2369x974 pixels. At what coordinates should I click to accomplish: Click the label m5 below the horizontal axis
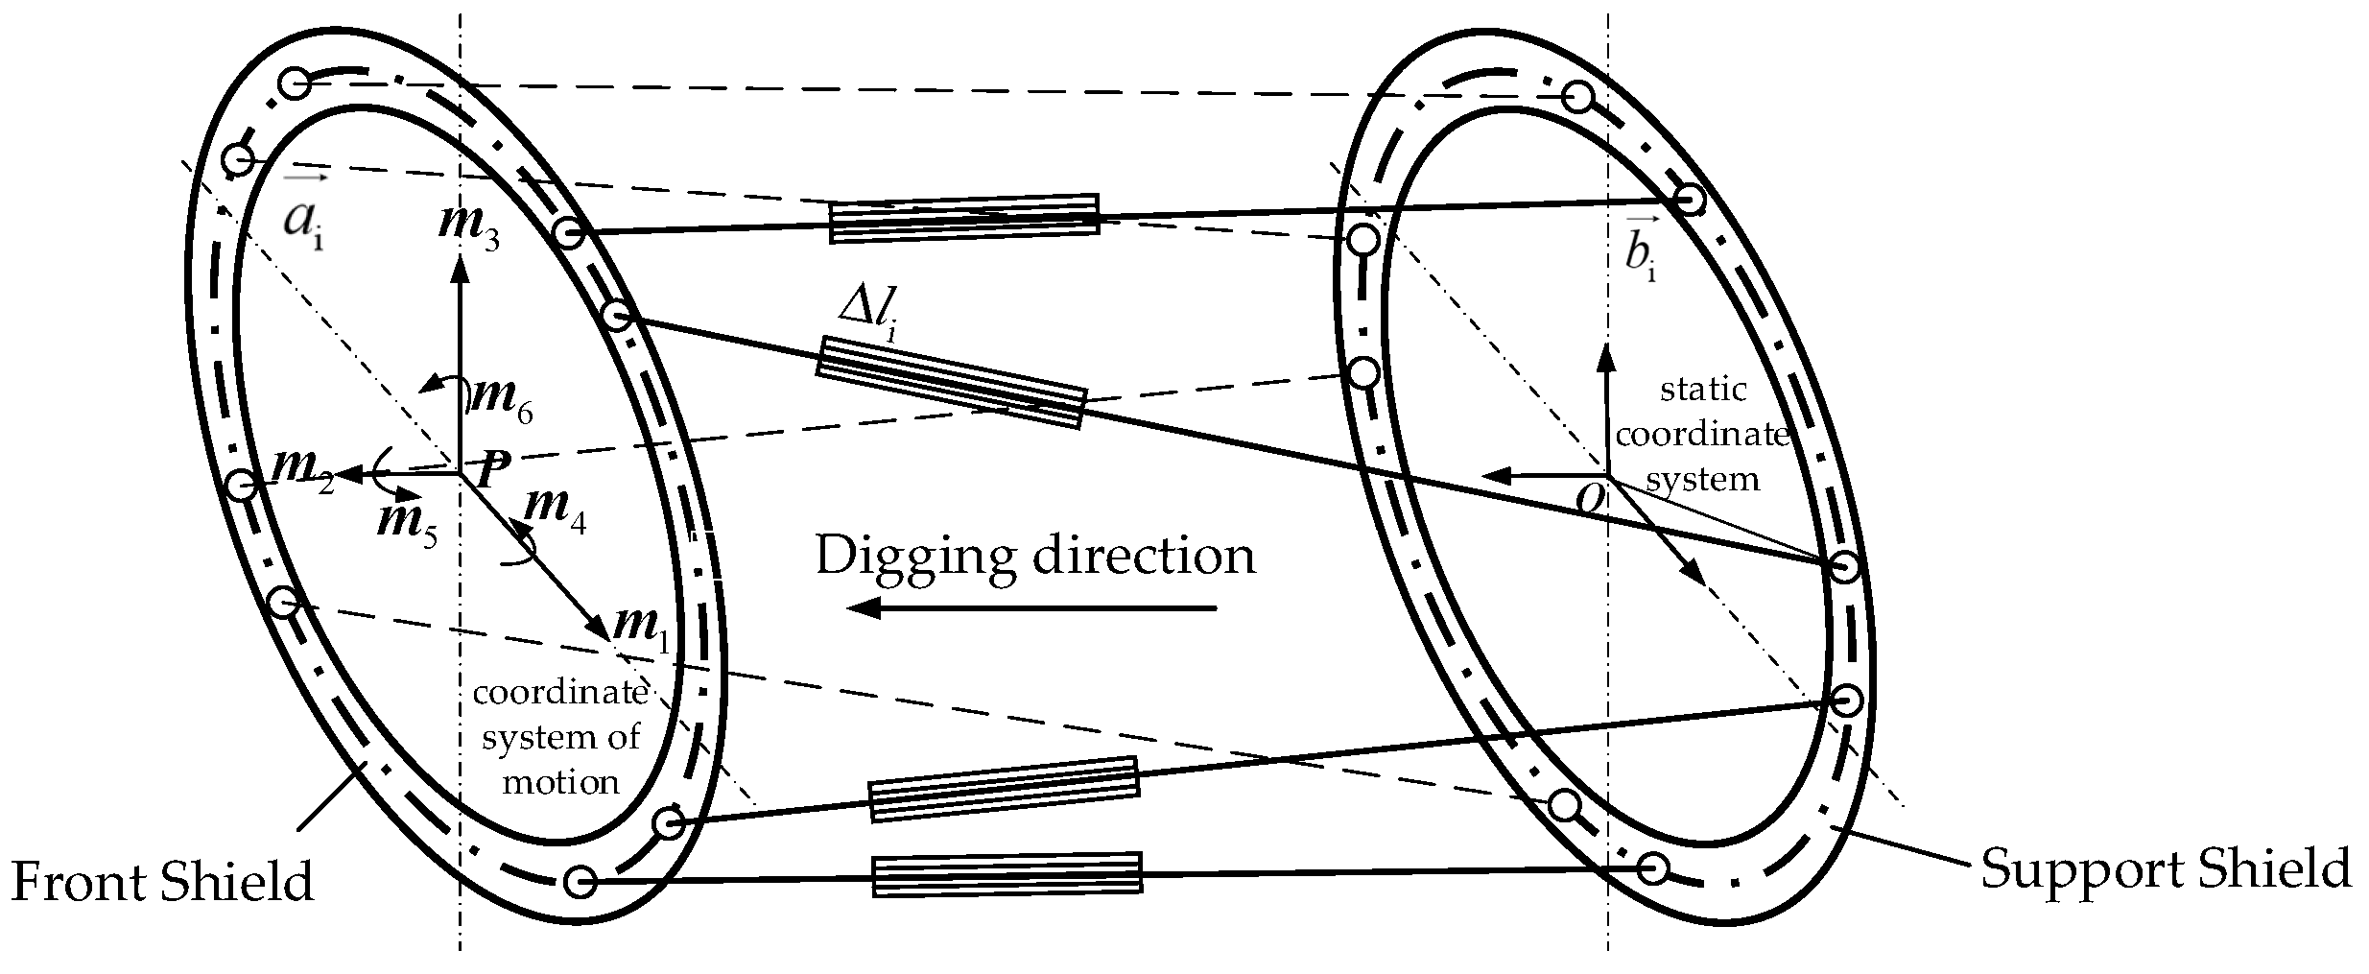click(x=407, y=523)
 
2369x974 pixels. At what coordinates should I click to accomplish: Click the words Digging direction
click(x=1034, y=557)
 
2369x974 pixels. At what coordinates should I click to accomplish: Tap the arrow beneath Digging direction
click(x=1031, y=607)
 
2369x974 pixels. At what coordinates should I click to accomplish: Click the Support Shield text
click(x=2166, y=869)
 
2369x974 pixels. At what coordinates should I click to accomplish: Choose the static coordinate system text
click(x=1702, y=434)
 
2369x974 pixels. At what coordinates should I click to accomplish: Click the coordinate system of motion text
click(x=560, y=737)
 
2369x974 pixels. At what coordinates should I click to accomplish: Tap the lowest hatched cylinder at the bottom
click(x=1007, y=875)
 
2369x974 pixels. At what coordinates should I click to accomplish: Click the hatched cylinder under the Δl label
click(x=950, y=381)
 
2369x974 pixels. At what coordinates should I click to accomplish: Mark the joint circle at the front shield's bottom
click(x=580, y=881)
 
